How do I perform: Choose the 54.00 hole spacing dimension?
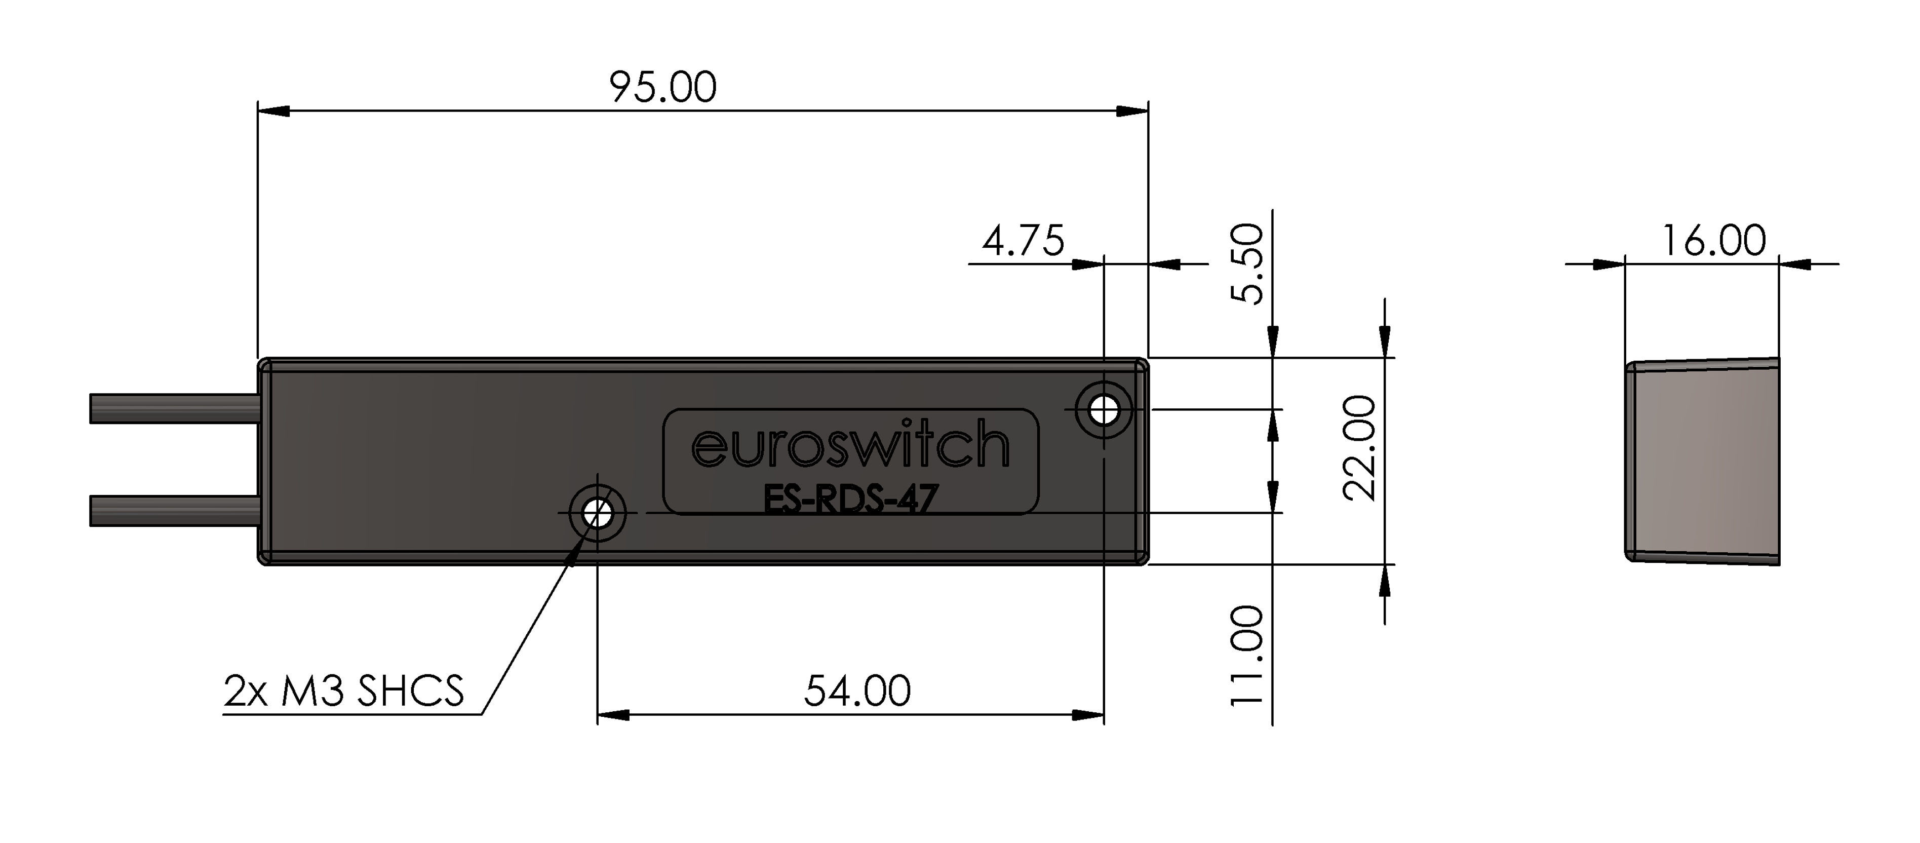pos(857,691)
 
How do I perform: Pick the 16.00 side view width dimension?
pos(1713,241)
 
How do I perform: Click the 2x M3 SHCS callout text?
pos(343,691)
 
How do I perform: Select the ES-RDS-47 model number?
pos(850,500)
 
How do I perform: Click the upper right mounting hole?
pos(1104,409)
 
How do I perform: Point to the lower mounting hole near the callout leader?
pos(597,513)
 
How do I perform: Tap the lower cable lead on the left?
pos(174,511)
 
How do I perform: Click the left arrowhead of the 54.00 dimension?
pos(613,715)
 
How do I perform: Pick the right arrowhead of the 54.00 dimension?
pos(1087,715)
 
